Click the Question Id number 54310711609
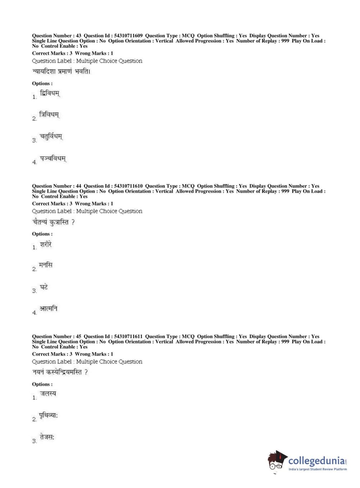point(128,36)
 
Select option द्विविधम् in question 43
point(50,94)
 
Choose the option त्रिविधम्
point(49,115)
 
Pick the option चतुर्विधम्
point(51,137)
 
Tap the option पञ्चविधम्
point(53,159)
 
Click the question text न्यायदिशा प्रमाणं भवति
point(61,71)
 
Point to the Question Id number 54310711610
point(128,186)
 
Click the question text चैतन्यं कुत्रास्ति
point(53,222)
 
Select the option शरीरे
point(46,244)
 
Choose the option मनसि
point(46,266)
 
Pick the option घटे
point(44,287)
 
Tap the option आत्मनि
point(49,309)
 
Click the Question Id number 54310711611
point(128,336)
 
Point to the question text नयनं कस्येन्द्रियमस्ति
point(60,372)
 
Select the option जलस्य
point(48,394)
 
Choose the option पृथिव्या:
point(49,415)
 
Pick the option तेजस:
point(47,437)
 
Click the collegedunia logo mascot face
point(277,461)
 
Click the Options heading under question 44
point(42,234)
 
